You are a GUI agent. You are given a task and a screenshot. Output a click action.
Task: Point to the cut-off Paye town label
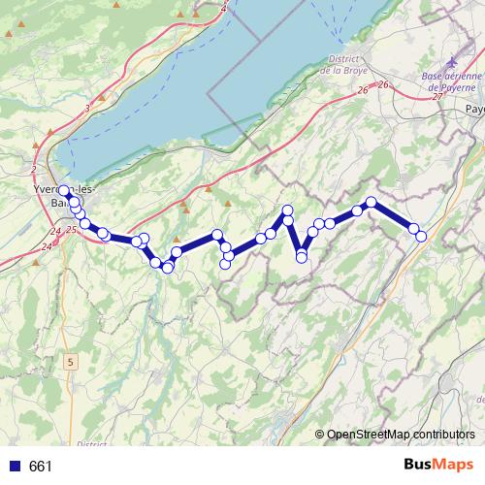(473, 110)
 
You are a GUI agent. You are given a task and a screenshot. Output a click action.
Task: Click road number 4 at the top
(225, 9)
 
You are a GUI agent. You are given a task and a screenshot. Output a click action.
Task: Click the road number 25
(71, 229)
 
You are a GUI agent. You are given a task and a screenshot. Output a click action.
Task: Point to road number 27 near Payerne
(437, 96)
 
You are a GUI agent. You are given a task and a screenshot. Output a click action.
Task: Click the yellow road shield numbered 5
(70, 362)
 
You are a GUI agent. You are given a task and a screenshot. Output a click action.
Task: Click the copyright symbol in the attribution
(320, 434)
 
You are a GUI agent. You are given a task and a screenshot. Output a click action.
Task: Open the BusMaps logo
(437, 466)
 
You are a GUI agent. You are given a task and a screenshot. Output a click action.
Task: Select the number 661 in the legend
(41, 467)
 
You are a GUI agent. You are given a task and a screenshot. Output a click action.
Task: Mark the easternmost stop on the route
(421, 236)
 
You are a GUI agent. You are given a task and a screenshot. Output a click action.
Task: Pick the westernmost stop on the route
(64, 191)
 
